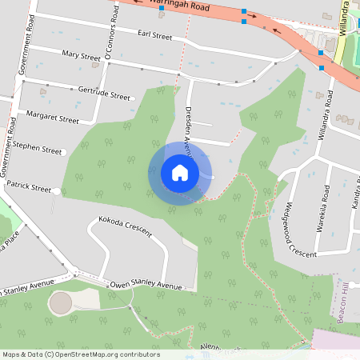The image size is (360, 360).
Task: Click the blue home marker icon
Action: [180, 173]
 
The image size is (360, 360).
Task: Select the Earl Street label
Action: [155, 36]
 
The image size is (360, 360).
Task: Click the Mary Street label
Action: [81, 55]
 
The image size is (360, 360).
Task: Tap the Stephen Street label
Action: [37, 148]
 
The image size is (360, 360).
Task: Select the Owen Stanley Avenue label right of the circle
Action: [146, 285]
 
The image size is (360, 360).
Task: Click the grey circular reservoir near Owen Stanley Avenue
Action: [61, 302]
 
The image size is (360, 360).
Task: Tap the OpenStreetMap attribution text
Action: [81, 354]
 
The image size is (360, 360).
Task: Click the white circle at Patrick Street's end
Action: [57, 190]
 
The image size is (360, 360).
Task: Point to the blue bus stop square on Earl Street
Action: [161, 17]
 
